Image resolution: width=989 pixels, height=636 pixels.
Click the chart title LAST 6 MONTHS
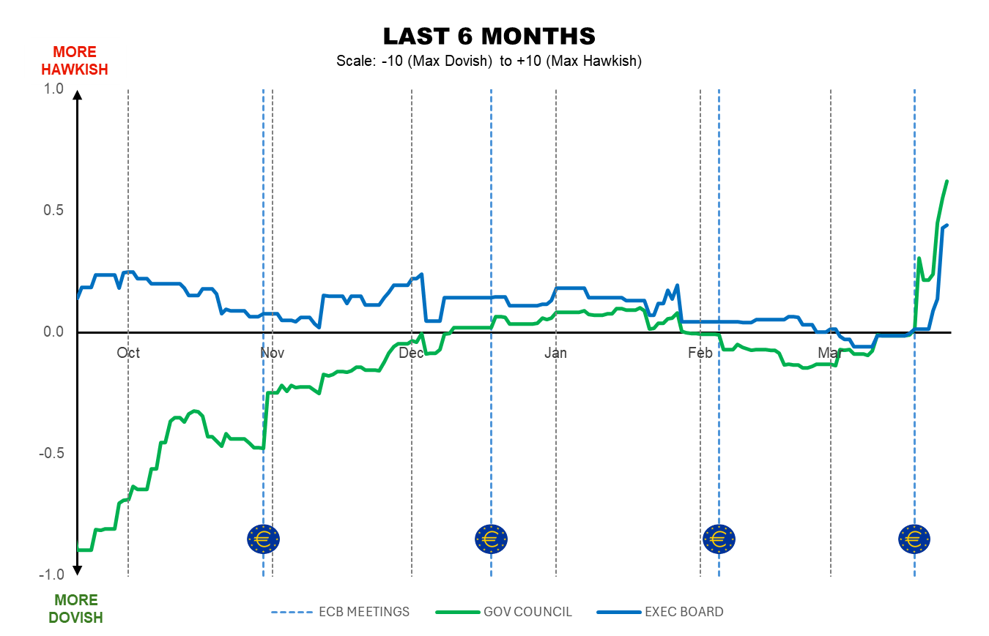489,36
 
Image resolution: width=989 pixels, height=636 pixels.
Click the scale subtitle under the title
489,61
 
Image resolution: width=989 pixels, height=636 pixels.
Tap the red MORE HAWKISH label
74,61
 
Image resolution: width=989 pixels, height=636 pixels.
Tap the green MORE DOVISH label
75,609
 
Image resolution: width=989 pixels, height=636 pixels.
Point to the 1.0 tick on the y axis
54,89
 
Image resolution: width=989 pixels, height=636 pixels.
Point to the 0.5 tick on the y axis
54,211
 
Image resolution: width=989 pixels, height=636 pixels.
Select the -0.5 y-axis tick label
52,454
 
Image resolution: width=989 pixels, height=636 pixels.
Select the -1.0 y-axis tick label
52,575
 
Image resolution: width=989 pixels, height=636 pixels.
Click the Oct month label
128,353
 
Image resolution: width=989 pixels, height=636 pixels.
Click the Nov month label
273,353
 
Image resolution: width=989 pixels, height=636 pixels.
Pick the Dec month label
412,353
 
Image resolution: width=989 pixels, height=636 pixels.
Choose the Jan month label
555,353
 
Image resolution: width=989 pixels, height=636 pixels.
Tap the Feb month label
700,353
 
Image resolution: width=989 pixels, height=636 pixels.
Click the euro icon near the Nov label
263,539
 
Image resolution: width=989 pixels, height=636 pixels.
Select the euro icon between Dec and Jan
491,539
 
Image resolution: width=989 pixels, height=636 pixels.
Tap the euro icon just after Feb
719,539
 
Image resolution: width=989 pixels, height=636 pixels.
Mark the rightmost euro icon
914,539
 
